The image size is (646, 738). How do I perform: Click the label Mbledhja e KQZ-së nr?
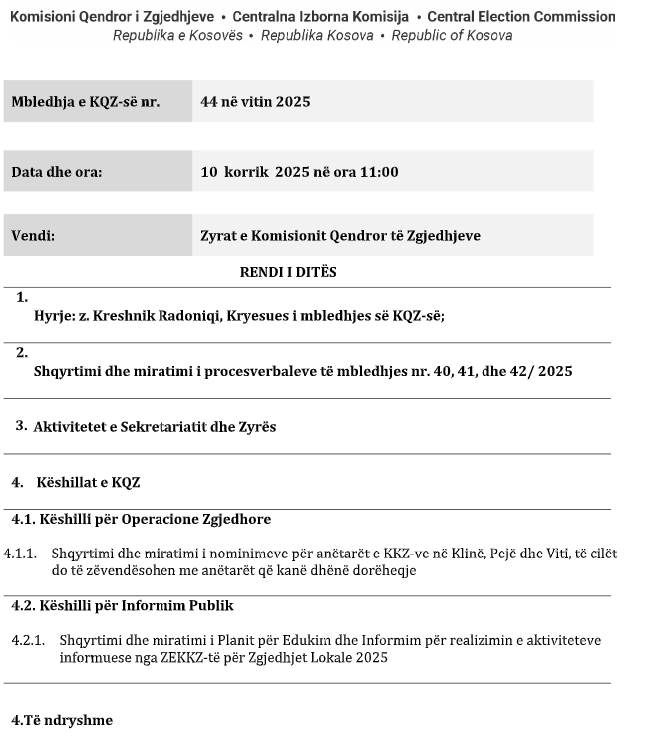coord(85,102)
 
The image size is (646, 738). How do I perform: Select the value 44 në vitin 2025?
coord(255,102)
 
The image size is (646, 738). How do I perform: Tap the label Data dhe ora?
coord(57,172)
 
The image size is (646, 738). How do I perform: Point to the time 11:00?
coord(380,172)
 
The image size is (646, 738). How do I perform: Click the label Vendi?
coord(33,236)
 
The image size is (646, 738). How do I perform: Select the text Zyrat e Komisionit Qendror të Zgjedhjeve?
coord(340,236)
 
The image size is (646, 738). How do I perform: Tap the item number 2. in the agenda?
coord(22,352)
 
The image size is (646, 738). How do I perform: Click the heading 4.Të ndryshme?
coord(61,721)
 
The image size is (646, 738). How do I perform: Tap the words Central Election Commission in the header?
coord(521,17)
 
